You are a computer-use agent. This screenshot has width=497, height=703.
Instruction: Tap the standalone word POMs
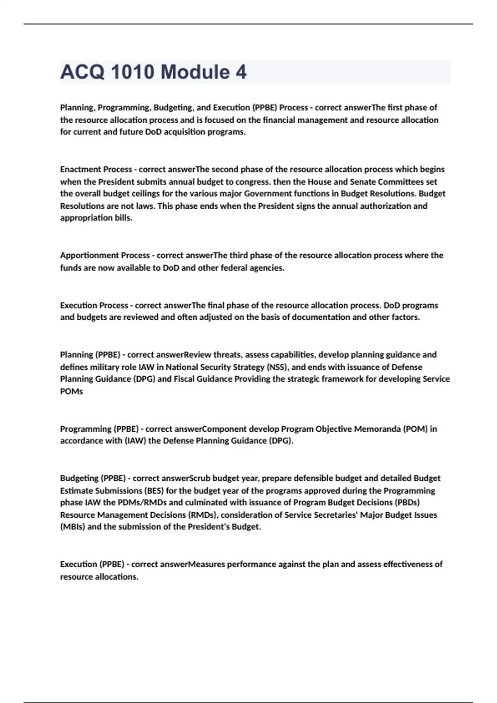(x=72, y=391)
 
